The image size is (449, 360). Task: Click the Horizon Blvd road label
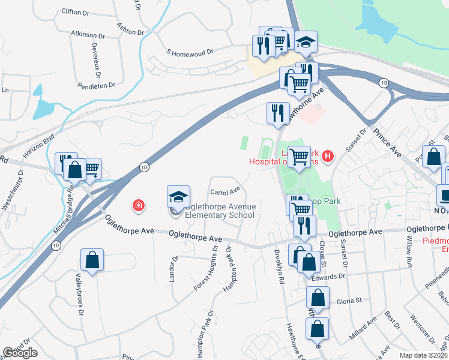pos(38,146)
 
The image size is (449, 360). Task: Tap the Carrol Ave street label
pos(224,192)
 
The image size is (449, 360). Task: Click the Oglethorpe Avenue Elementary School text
pos(220,211)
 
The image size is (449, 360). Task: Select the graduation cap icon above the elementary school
pos(178,197)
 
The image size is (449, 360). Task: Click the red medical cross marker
pos(139,206)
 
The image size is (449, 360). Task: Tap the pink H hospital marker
pos(327,157)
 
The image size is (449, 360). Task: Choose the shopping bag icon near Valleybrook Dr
pos(92,260)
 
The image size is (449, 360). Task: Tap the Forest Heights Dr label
pos(205,268)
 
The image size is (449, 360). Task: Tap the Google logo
pos(20,353)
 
